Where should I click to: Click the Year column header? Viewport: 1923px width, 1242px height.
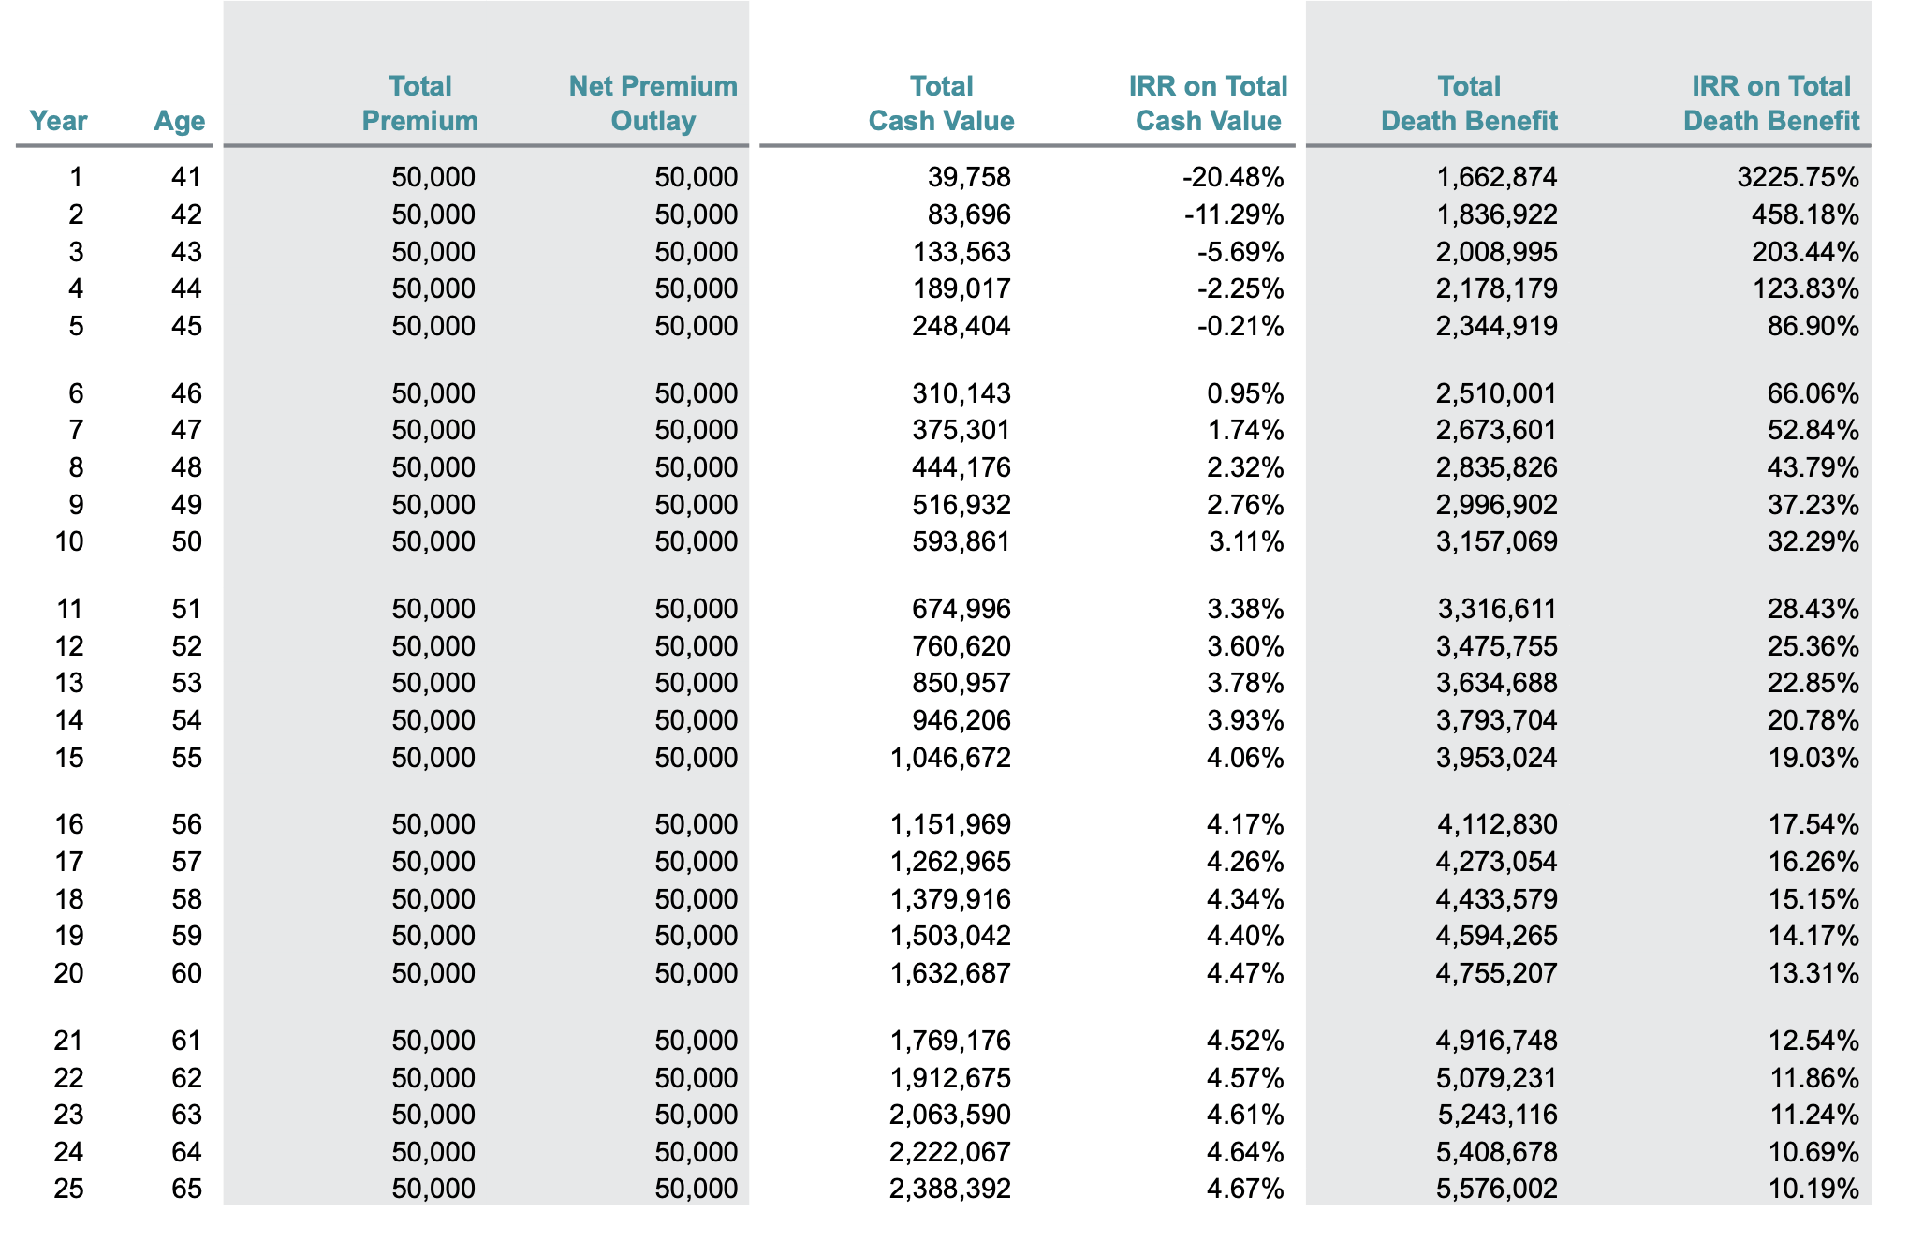(58, 121)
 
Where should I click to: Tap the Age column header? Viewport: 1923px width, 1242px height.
(180, 121)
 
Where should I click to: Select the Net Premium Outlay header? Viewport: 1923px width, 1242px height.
(653, 103)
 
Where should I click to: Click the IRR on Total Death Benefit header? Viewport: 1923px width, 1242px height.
(1771, 103)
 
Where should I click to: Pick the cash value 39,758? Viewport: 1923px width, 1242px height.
(969, 177)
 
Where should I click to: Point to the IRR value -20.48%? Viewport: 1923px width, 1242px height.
(1233, 177)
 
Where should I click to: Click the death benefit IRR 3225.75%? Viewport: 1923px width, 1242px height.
(1798, 177)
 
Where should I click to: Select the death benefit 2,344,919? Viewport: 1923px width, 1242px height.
(1497, 326)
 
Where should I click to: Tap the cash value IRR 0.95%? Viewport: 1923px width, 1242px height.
(1245, 393)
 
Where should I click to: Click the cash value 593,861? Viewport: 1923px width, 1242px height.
(961, 541)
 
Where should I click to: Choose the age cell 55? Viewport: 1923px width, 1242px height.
(187, 758)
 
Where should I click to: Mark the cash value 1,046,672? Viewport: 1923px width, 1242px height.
(950, 758)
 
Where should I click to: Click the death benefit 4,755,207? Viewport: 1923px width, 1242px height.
(1497, 973)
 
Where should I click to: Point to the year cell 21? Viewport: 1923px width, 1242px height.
(68, 1041)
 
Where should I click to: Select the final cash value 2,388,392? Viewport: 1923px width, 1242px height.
(950, 1189)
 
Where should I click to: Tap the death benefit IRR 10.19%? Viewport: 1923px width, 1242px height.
(1813, 1189)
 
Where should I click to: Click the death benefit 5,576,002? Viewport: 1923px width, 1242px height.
(1497, 1189)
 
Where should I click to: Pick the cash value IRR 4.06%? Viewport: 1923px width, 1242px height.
(1245, 758)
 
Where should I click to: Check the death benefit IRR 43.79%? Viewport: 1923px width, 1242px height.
(1813, 467)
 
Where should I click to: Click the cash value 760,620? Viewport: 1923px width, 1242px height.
(961, 646)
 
